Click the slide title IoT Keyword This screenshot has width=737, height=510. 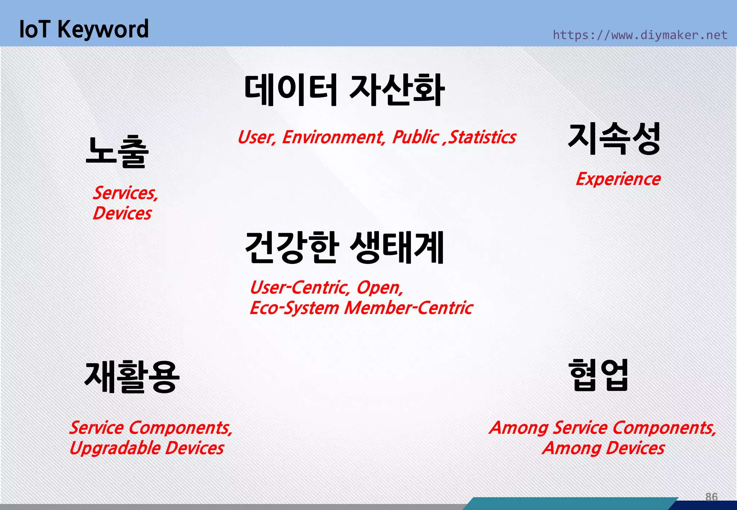[83, 29]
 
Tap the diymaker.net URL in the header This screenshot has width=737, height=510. [639, 35]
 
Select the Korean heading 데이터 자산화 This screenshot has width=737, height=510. [344, 90]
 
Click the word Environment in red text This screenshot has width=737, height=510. [333, 137]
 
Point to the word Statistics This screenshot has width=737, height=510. [483, 137]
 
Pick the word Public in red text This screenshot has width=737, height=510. [416, 137]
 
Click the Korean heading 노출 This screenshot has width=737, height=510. [117, 152]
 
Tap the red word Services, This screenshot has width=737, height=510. [126, 193]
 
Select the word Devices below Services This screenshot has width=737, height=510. [122, 213]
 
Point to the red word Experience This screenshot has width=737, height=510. [618, 179]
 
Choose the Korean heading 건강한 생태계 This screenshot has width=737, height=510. [344, 247]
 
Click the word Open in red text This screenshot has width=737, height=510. [380, 288]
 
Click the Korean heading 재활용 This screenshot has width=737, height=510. [132, 377]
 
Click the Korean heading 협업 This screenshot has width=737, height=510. [598, 375]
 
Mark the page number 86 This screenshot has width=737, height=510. [711, 497]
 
